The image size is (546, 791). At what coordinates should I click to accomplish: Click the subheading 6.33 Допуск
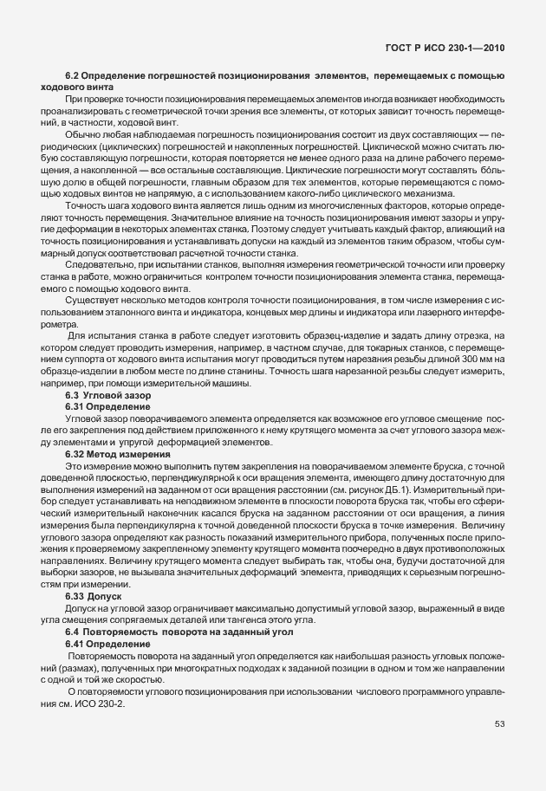click(94, 597)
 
